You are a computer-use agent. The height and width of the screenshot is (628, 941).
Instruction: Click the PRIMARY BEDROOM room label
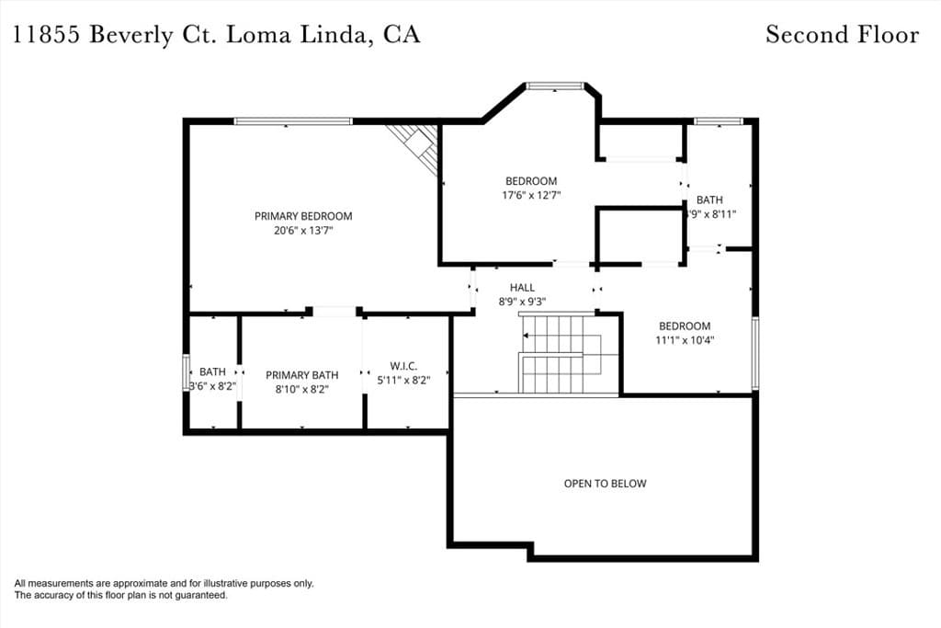click(x=302, y=216)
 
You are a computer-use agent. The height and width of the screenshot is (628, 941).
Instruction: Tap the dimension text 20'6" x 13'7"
click(x=302, y=231)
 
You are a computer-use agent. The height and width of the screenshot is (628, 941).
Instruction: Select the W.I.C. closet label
click(x=403, y=365)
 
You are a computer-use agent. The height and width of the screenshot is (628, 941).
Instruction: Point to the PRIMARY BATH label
click(x=301, y=375)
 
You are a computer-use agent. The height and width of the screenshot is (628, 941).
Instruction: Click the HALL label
click(x=522, y=288)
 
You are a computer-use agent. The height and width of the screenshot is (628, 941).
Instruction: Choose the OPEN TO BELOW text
click(x=605, y=484)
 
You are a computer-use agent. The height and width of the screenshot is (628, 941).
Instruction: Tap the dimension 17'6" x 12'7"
click(x=531, y=195)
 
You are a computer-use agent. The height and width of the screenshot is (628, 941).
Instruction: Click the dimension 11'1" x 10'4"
click(x=685, y=339)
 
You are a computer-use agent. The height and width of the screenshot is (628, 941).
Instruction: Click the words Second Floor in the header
click(x=842, y=35)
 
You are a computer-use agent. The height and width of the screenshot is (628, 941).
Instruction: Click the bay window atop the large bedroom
click(x=554, y=86)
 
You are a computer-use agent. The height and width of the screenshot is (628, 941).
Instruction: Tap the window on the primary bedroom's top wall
click(x=293, y=121)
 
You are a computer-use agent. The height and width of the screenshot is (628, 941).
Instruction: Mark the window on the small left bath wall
click(x=186, y=373)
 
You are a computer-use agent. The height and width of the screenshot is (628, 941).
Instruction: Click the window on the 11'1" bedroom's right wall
click(x=754, y=353)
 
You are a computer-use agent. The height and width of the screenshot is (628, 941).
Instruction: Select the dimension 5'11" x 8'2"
click(x=403, y=379)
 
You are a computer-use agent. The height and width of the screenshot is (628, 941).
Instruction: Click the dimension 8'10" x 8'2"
click(x=301, y=389)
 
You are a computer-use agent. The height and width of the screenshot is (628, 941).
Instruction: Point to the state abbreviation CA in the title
click(x=402, y=35)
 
